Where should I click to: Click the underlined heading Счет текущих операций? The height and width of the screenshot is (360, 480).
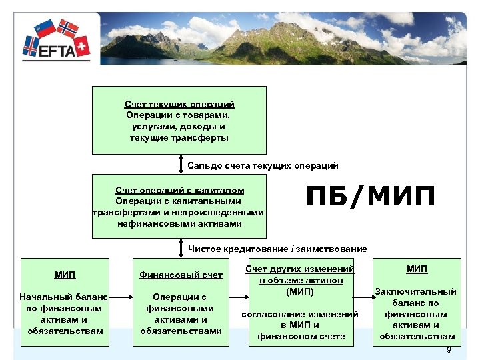tap(179, 105)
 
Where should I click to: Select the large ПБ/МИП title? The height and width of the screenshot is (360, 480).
tap(370, 197)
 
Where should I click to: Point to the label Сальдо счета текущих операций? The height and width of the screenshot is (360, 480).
tap(263, 165)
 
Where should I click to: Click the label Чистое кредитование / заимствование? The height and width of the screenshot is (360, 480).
tap(277, 249)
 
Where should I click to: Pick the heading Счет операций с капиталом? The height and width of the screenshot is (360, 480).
tap(179, 190)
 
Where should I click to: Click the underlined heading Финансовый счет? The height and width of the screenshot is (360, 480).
tap(181, 275)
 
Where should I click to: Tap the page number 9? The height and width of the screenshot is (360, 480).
tap(449, 350)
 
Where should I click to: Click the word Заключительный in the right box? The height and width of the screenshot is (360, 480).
tap(416, 291)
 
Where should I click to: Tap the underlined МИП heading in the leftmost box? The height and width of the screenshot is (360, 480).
tap(65, 275)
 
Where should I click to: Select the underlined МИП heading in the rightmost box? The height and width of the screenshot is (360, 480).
tap(417, 269)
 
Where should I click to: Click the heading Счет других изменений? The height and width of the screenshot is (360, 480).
tap(299, 269)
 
